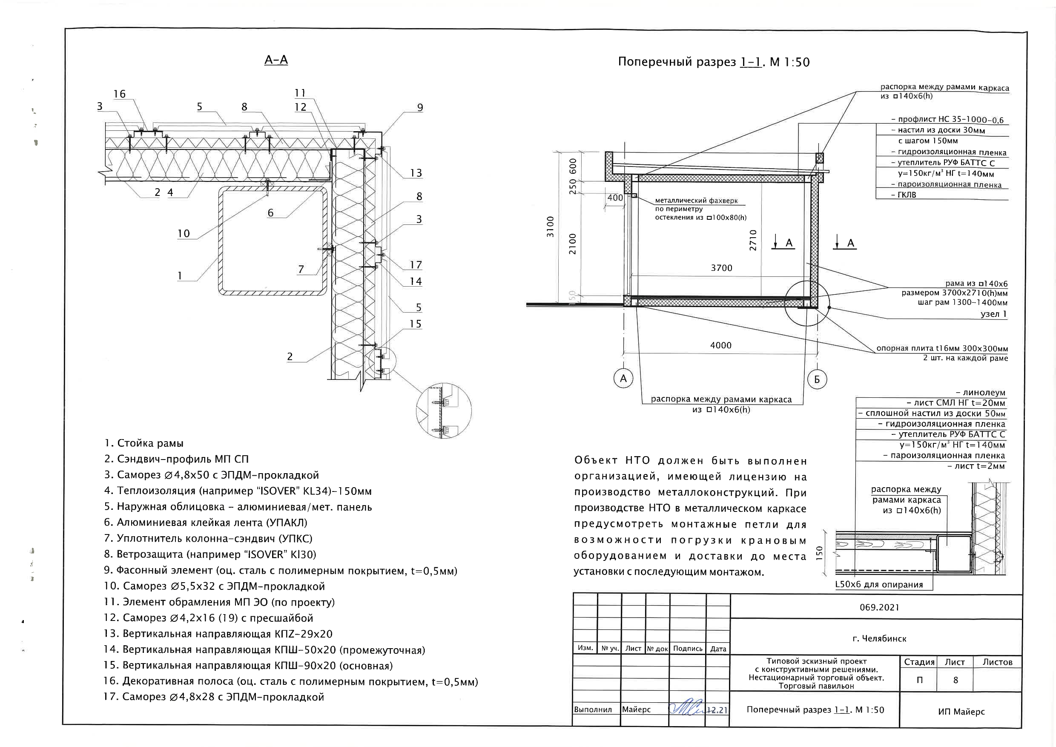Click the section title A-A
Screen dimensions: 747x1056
coord(276,60)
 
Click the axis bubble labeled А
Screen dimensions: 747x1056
coord(623,379)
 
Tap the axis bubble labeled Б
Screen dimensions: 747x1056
coord(817,379)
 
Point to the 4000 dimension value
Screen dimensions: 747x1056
coord(721,345)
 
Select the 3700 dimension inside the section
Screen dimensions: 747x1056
coord(721,268)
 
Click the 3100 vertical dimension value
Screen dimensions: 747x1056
coord(550,226)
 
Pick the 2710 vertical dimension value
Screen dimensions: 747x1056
coord(753,240)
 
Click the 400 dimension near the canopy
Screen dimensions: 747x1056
coord(615,198)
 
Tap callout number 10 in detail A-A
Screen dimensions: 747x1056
coord(184,234)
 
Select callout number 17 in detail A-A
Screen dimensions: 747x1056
coord(416,265)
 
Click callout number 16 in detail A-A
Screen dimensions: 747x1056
coord(120,94)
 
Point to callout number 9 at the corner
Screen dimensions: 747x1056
coord(420,108)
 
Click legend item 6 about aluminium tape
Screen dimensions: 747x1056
coord(206,523)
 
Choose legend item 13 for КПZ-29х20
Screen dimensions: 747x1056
coord(218,634)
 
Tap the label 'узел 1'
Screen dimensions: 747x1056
coord(993,314)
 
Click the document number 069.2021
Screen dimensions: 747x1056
coord(879,607)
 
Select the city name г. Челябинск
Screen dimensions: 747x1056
coord(879,638)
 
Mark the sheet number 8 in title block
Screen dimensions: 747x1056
coord(955,680)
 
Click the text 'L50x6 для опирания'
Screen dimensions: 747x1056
coord(879,585)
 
